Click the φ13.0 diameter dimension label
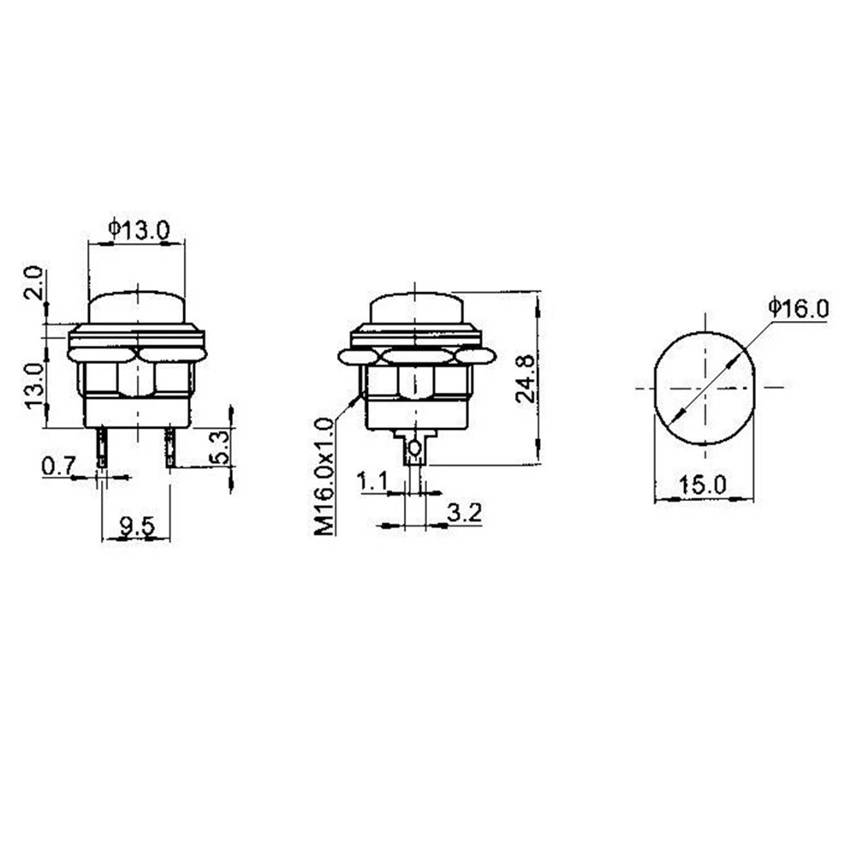(x=140, y=229)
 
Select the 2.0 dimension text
(x=34, y=282)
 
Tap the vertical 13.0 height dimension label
(x=34, y=385)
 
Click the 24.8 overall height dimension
(x=526, y=378)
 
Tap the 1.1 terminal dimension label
(x=372, y=481)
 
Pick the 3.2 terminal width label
(x=465, y=513)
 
